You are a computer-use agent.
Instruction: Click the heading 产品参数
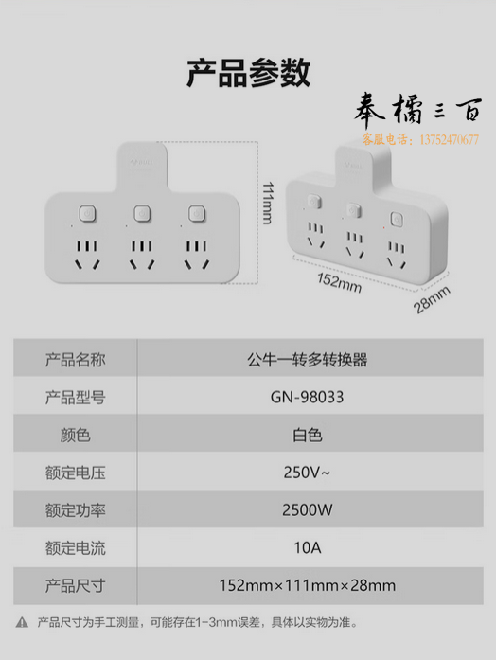[248, 73]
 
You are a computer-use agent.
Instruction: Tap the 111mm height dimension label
[268, 203]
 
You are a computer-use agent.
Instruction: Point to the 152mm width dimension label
[339, 282]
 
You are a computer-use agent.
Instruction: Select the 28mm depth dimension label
[432, 299]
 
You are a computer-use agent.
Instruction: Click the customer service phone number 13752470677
[450, 139]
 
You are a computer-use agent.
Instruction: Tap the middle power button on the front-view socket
[142, 213]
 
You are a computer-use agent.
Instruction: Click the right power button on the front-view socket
[197, 213]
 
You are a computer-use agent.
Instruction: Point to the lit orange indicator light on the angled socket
[384, 227]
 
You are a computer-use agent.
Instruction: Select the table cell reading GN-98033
[307, 397]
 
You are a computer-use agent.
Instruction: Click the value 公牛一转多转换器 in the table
[307, 360]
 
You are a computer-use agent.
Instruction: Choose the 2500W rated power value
[307, 510]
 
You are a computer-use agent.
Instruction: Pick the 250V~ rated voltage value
[307, 473]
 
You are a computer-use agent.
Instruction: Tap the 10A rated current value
[307, 547]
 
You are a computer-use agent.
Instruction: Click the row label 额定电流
[76, 548]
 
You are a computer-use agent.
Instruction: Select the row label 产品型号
[76, 398]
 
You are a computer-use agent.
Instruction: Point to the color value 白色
[307, 436]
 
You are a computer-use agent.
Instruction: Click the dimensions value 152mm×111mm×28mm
[307, 585]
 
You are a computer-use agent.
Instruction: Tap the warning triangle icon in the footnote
[22, 622]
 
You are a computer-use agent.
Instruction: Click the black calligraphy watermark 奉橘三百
[418, 110]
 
